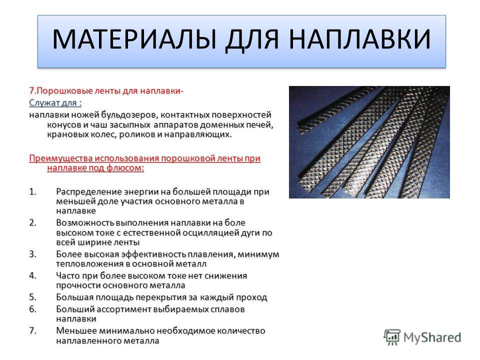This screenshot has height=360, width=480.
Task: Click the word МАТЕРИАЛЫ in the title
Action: (x=134, y=39)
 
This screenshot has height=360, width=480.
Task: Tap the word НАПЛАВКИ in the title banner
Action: (x=359, y=39)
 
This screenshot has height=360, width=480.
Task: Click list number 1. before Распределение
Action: (x=33, y=191)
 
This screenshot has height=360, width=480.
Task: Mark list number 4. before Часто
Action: (x=33, y=275)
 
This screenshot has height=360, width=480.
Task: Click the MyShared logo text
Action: (x=432, y=338)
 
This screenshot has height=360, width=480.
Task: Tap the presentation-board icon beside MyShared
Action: (x=392, y=337)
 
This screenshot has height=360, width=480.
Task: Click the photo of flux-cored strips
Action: (x=369, y=142)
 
